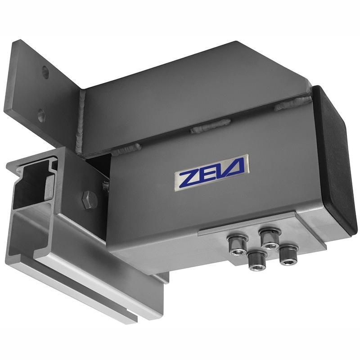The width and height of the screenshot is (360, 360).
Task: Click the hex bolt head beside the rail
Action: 89,199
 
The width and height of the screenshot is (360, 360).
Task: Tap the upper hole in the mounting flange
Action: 45,72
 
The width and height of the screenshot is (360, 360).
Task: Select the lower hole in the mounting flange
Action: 41,116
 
